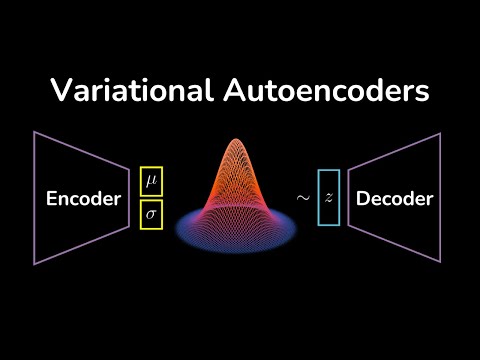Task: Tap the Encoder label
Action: pyautogui.click(x=83, y=199)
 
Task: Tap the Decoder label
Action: pyautogui.click(x=395, y=199)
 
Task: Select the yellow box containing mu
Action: pyautogui.click(x=152, y=180)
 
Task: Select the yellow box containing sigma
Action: pyautogui.click(x=152, y=214)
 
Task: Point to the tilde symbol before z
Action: pyautogui.click(x=302, y=198)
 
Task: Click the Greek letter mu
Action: pyautogui.click(x=152, y=181)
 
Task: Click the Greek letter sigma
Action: pyautogui.click(x=152, y=214)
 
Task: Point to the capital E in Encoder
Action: pyautogui.click(x=52, y=199)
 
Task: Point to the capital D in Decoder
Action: pyautogui.click(x=363, y=199)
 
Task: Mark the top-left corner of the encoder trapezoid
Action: pyautogui.click(x=36, y=131)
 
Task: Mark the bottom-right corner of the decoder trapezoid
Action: pyautogui.click(x=444, y=264)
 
